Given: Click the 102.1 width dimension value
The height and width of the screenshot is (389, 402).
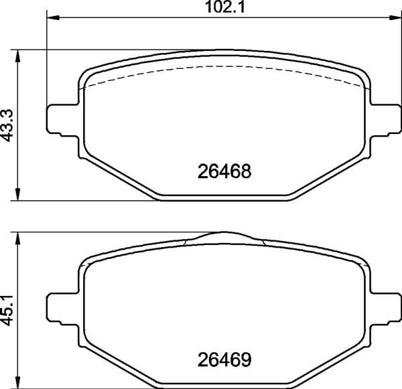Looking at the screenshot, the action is click(225, 7).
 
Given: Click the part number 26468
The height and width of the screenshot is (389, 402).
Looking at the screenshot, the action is click(224, 171).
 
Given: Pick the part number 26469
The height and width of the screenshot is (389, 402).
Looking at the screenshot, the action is click(224, 360).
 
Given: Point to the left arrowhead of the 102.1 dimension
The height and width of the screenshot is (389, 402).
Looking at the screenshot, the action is click(54, 17).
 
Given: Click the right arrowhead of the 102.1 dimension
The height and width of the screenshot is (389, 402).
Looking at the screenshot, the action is click(395, 17).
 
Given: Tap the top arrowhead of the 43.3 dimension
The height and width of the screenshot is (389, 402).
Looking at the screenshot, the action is click(17, 56).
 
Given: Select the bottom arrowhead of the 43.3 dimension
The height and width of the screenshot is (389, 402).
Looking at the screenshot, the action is click(17, 194).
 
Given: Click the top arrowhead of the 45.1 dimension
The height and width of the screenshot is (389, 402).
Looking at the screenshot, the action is click(17, 238).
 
